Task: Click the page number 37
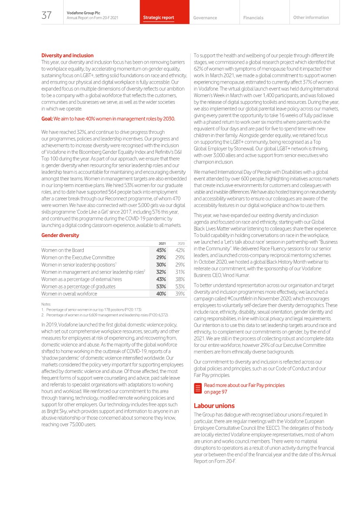pyautogui.click(x=47, y=16)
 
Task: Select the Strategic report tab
pyautogui.click(x=159, y=18)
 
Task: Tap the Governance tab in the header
pyautogui.click(x=205, y=18)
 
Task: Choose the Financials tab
pyautogui.click(x=253, y=18)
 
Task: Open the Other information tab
pyautogui.click(x=311, y=17)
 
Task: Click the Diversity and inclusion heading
pyautogui.click(x=67, y=55)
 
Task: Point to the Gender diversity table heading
pyautogui.click(x=60, y=235)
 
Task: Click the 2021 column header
pyautogui.click(x=161, y=244)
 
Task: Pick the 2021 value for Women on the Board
pyautogui.click(x=161, y=250)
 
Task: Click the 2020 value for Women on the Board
pyautogui.click(x=180, y=250)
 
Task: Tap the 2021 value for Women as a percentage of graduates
pyautogui.click(x=161, y=286)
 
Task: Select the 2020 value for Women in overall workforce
pyautogui.click(x=180, y=294)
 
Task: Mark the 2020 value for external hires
pyautogui.click(x=180, y=279)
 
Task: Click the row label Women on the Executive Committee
pyautogui.click(x=78, y=258)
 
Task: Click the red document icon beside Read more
pyautogui.click(x=197, y=388)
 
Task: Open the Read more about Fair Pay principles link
pyautogui.click(x=244, y=388)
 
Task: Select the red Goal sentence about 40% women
pyautogui.click(x=108, y=119)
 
